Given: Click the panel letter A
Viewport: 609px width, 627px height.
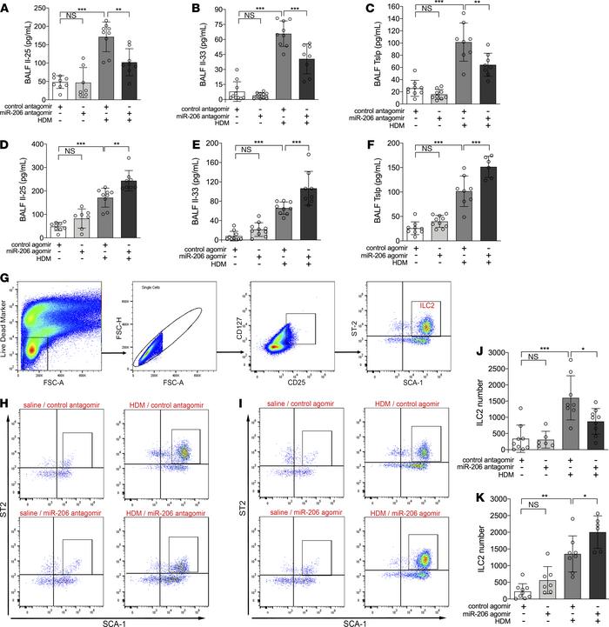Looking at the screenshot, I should click(x=8, y=8).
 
